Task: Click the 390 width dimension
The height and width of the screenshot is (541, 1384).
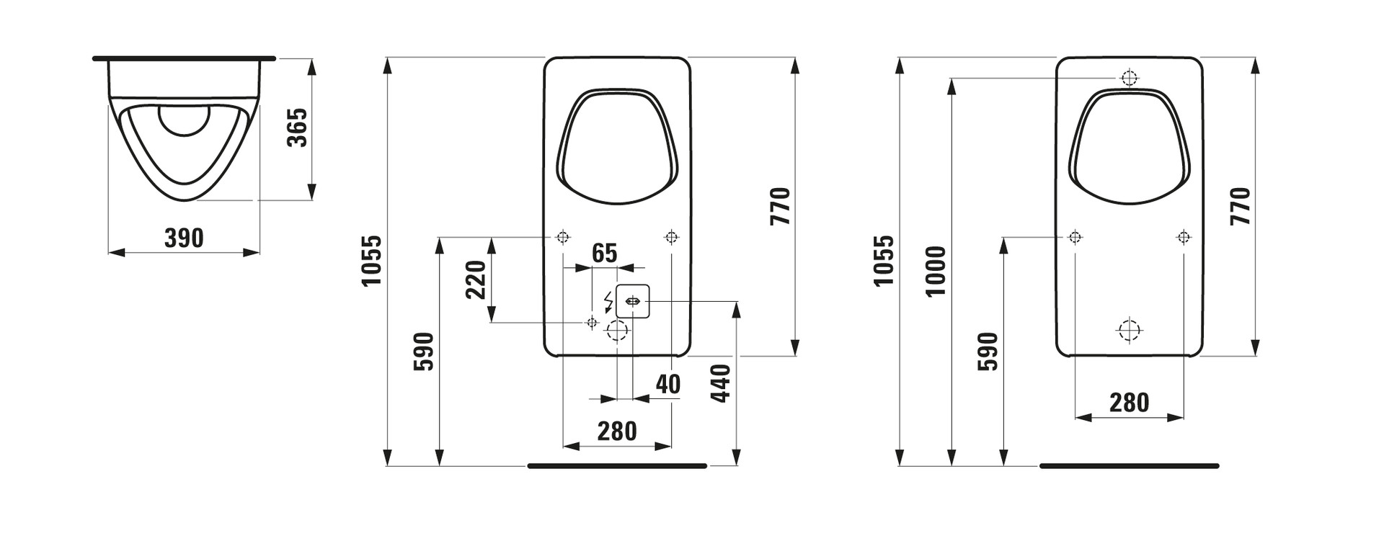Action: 184,237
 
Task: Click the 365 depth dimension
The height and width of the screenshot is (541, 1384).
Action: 297,128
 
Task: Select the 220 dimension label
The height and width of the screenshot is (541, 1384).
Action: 476,280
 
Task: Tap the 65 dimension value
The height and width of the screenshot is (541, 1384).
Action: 604,253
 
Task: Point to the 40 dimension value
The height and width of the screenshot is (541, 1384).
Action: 667,384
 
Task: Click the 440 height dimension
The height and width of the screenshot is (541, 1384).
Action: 721,383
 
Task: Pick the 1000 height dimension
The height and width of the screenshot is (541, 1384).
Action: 936,271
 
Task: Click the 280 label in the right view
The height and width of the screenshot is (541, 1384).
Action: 1129,403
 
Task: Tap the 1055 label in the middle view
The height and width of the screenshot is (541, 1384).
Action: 371,260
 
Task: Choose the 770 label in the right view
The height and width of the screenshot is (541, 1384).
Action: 1241,206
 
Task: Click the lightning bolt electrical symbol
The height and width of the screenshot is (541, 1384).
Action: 608,300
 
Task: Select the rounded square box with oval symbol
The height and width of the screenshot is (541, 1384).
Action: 633,301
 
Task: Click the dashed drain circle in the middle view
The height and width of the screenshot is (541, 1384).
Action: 617,331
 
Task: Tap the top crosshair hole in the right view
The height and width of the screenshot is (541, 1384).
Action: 1129,78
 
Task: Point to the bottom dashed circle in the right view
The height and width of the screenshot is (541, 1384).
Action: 1129,329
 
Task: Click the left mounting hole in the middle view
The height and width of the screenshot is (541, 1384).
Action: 563,236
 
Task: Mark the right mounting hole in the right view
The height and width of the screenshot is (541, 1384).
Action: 1183,236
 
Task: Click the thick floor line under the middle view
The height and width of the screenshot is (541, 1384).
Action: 617,466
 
